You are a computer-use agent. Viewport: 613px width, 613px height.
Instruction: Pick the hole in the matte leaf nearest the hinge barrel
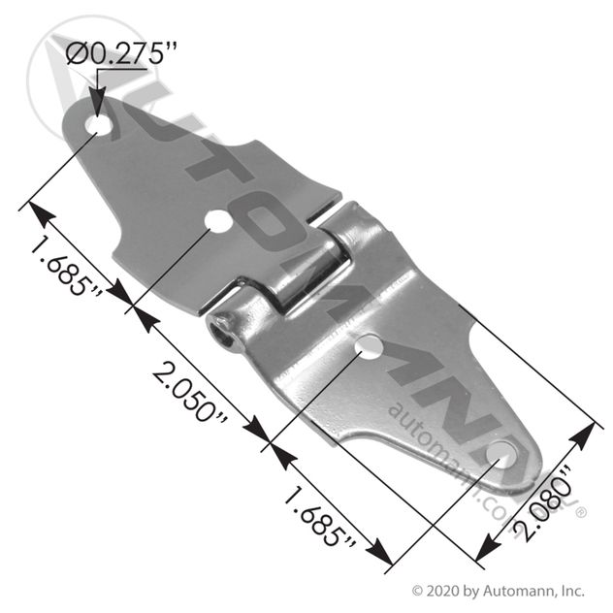click(219, 222)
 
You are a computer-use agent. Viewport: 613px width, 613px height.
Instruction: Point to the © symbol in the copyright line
click(419, 589)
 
